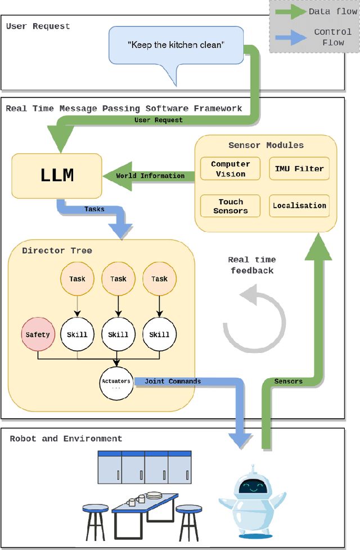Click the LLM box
point(57,176)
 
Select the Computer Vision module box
point(231,169)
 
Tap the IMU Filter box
point(299,169)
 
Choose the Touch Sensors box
point(231,206)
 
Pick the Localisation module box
point(299,205)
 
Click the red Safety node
point(38,334)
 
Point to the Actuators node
point(116,383)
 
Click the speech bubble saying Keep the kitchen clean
point(175,45)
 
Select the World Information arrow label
point(150,176)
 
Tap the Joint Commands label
point(173,381)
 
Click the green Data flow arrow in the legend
point(290,12)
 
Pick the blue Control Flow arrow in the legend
point(290,37)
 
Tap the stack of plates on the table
point(153,497)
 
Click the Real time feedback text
point(251,265)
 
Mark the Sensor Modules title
point(265,145)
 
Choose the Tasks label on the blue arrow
point(94,209)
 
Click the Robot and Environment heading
point(66,439)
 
